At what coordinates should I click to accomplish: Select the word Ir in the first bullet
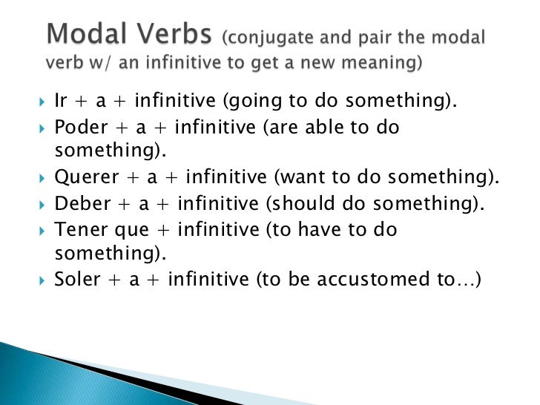point(62,101)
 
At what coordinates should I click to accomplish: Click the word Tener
point(79,229)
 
